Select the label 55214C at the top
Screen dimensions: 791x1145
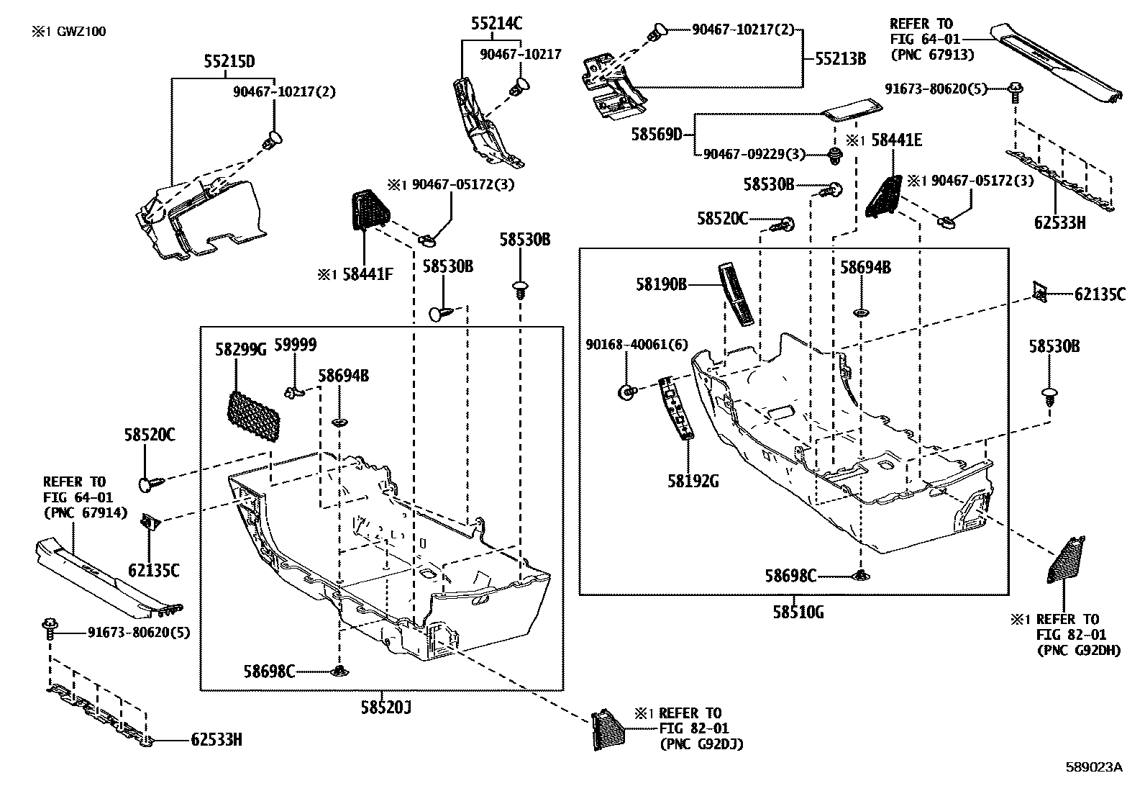coord(496,24)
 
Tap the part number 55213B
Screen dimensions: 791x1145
coord(840,58)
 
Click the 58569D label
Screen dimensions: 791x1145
coord(657,134)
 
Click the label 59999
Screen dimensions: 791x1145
coord(298,345)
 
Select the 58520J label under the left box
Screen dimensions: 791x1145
coord(386,707)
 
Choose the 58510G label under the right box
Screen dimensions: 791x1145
coord(798,613)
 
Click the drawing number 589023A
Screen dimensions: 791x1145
coord(1094,767)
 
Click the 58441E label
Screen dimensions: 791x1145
coord(896,140)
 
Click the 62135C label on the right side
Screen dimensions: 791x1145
coord(1100,294)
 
